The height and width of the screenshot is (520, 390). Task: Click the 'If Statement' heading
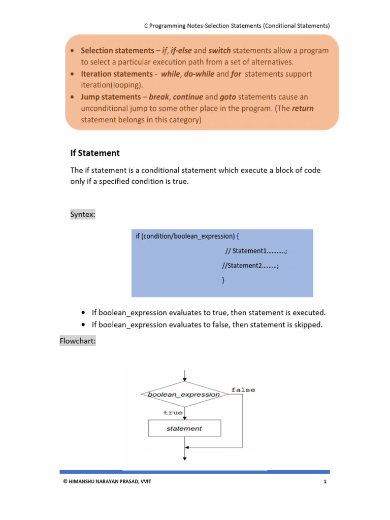pyautogui.click(x=94, y=153)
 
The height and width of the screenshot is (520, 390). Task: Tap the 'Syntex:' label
pyautogui.click(x=82, y=215)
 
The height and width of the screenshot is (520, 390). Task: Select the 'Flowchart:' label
pyautogui.click(x=78, y=341)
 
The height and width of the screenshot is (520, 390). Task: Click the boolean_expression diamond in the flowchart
pyautogui.click(x=184, y=394)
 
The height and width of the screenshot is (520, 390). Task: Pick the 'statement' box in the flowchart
pyautogui.click(x=184, y=429)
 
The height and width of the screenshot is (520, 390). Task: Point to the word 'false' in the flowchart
pyautogui.click(x=243, y=389)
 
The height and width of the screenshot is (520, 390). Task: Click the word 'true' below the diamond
pyautogui.click(x=173, y=412)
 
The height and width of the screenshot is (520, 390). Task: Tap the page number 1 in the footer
pyautogui.click(x=323, y=481)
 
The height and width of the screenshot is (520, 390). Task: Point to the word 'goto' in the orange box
pyautogui.click(x=228, y=96)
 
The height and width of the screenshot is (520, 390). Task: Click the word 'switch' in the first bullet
pyautogui.click(x=219, y=51)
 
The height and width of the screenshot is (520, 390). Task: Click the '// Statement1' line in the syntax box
pyautogui.click(x=256, y=251)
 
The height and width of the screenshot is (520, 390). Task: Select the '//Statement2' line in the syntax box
pyautogui.click(x=251, y=266)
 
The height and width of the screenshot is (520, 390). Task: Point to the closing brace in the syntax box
pyautogui.click(x=224, y=280)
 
